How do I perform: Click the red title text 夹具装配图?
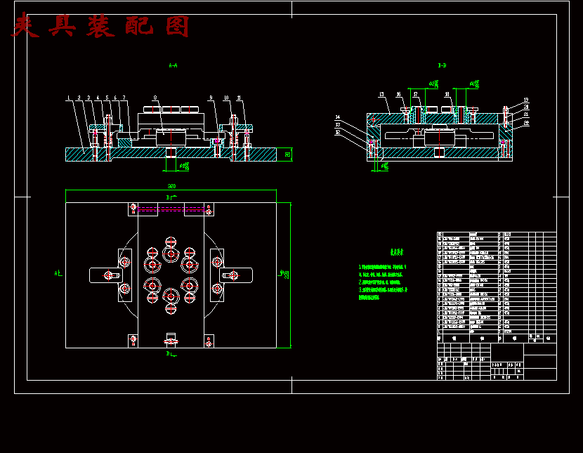pos(101,27)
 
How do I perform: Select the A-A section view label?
pos(173,65)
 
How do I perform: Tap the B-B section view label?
pos(442,65)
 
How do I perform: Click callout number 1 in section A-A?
pos(68,98)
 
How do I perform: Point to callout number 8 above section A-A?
pos(155,98)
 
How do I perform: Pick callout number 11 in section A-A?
pos(240,98)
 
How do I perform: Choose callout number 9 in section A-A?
pos(210,98)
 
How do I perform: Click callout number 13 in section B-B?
pos(381,93)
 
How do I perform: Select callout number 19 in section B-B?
pos(525,100)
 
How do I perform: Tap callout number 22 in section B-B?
pos(525,123)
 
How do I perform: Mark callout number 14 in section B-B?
pos(338,117)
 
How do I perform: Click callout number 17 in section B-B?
pos(415,93)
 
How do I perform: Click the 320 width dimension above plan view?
pos(171,186)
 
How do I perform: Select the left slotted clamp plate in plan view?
pos(105,275)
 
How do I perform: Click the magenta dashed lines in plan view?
pos(171,209)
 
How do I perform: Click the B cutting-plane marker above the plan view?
pos(169,199)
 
